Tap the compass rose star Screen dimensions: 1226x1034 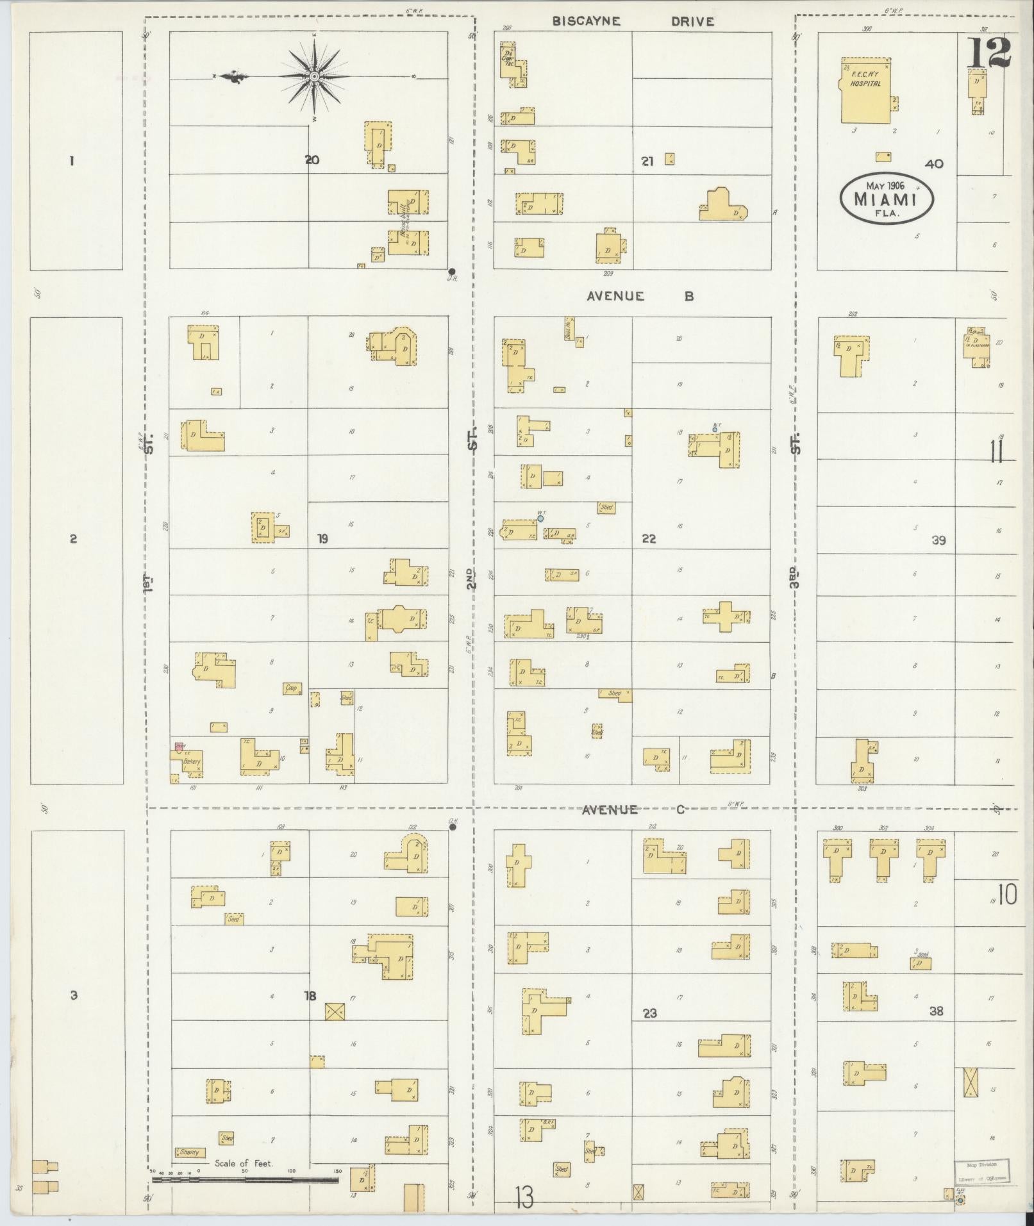tap(314, 76)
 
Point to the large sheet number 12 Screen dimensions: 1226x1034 tap(988, 53)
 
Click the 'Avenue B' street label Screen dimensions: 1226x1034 tap(640, 296)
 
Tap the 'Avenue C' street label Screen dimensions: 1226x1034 tap(633, 809)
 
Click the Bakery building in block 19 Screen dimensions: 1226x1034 tap(192, 761)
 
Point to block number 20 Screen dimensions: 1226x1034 tap(312, 160)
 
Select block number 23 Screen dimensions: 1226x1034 tap(650, 1013)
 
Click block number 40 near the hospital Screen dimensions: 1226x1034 tap(934, 164)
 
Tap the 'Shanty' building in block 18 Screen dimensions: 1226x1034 tap(190, 1152)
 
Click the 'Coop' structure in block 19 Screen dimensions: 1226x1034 tap(292, 688)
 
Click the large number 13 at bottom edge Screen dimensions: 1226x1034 tap(524, 1197)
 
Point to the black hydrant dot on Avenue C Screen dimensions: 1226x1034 tap(453, 827)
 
